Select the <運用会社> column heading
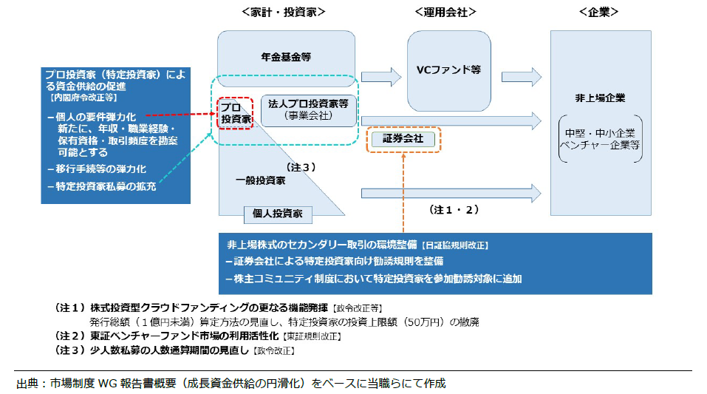coord(445,12)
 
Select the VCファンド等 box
coord(448,69)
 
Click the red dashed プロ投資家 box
coord(236,112)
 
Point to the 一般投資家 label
coord(261,180)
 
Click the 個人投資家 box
coord(278,214)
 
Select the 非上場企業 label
coord(600,97)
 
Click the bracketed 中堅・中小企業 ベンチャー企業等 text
coord(600,138)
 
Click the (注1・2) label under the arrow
coord(454,209)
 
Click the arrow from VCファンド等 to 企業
coord(522,75)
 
